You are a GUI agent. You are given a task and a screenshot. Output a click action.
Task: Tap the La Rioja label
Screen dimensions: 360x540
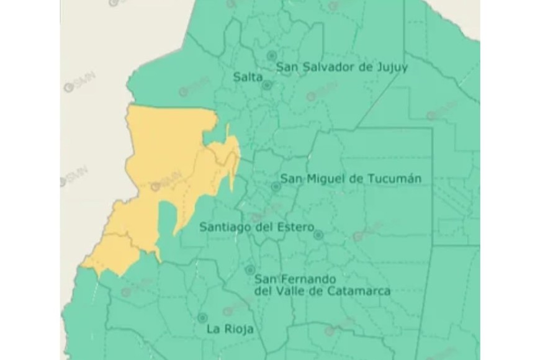(230, 330)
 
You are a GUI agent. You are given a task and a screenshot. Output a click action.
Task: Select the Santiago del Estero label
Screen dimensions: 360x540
(257, 227)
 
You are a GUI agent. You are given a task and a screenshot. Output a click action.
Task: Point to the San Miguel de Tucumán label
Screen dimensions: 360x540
(351, 179)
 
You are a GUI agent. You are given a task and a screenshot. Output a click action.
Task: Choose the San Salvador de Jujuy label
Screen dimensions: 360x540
(342, 67)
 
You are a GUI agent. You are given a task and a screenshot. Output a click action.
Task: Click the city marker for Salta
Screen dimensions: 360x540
(266, 86)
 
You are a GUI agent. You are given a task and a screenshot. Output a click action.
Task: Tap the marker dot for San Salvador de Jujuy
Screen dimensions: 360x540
(271, 56)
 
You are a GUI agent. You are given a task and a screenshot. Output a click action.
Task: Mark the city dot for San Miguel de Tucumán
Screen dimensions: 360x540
(276, 186)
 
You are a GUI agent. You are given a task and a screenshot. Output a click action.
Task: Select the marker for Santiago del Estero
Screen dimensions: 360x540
(318, 235)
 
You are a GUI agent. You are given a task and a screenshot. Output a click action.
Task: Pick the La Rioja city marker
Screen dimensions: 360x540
(202, 317)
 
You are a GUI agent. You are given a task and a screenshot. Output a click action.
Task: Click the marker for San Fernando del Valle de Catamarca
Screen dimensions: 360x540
(250, 271)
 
